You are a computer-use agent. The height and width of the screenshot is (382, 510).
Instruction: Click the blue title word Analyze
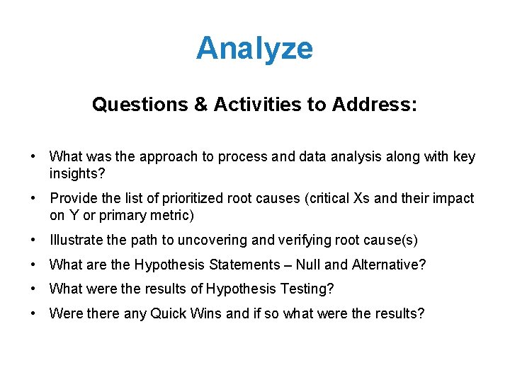254,49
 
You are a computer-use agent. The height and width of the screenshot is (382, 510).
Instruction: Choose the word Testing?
310,289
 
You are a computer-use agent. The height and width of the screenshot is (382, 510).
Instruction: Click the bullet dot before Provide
33,199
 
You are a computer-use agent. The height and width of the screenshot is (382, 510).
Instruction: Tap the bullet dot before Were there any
33,313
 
